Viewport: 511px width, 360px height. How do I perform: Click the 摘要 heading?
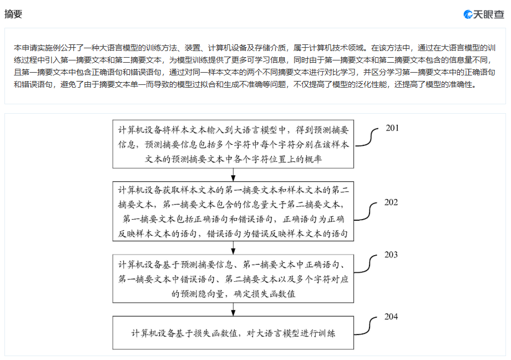tap(13, 14)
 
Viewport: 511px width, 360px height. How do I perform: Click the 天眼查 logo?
tap(484, 14)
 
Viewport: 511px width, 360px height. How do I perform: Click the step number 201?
tap(392, 128)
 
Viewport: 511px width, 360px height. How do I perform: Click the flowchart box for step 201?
tap(233, 144)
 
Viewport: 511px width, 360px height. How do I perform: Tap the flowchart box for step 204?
tap(233, 334)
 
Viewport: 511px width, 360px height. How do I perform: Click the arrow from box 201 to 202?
tap(234, 175)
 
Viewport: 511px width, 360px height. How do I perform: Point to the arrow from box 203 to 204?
tap(234, 310)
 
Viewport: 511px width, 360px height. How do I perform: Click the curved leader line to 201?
tap(370, 138)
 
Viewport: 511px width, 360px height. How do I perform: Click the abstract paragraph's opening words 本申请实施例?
tap(35, 48)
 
